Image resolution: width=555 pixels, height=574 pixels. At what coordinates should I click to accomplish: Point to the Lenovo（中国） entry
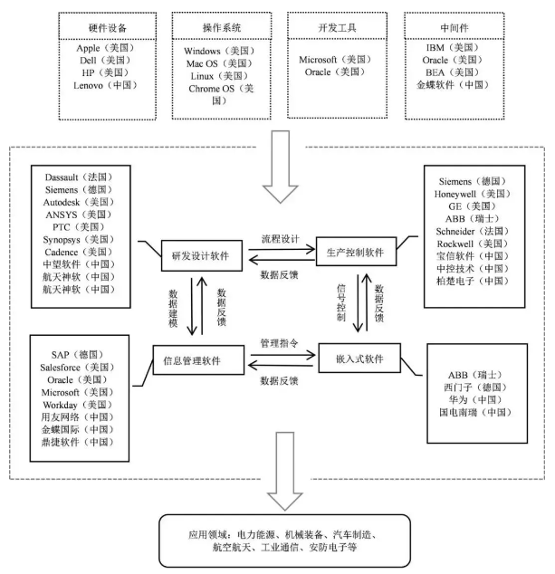pos(104,86)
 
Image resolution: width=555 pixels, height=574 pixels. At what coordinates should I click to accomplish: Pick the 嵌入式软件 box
pos(359,359)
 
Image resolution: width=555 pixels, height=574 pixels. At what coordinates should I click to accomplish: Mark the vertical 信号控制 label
pos(340,304)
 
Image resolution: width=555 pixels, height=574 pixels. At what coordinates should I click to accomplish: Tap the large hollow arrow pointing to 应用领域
pos(277,487)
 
